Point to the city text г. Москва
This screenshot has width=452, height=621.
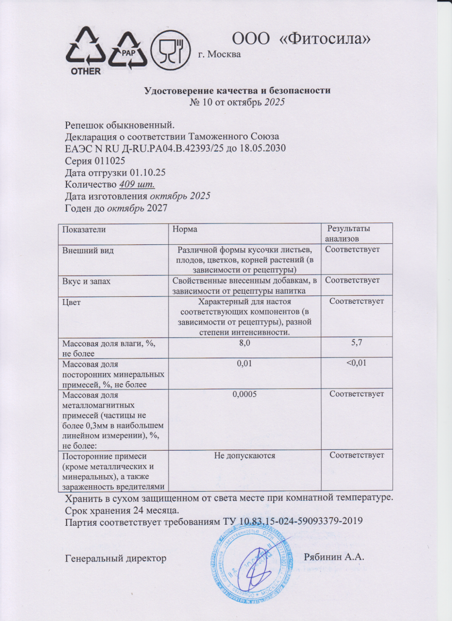pos(219,54)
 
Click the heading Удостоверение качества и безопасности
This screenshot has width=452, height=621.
pos(238,90)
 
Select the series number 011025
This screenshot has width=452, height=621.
pos(110,161)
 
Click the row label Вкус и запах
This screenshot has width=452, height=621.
pos(86,281)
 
